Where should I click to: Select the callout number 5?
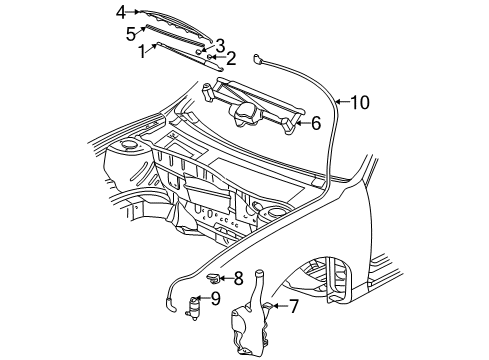click(x=130, y=32)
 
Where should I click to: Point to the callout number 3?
click(x=220, y=46)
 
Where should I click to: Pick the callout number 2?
click(x=231, y=58)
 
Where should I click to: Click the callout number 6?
click(x=315, y=123)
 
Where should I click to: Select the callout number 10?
click(x=359, y=101)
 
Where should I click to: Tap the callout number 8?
click(x=237, y=279)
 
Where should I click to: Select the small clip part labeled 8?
click(x=213, y=278)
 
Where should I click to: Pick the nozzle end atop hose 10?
click(x=259, y=61)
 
